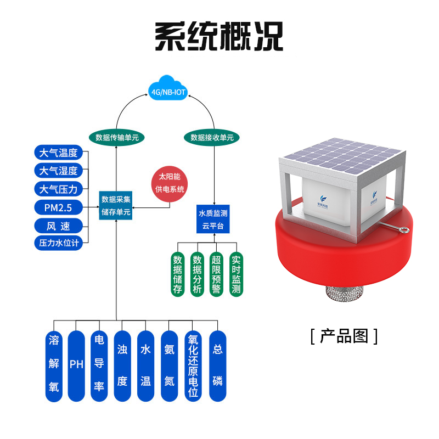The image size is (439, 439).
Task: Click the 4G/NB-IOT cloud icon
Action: click(167, 90)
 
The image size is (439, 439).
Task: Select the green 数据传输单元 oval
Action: click(117, 137)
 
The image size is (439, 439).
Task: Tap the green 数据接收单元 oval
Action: click(212, 137)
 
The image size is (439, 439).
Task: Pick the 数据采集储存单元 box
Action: click(116, 206)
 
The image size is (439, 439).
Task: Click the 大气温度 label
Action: click(59, 153)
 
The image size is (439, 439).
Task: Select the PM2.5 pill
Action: click(59, 207)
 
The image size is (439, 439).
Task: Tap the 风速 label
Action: click(59, 225)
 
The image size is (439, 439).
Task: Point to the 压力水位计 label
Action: click(59, 243)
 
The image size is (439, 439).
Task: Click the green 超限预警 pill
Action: click(216, 274)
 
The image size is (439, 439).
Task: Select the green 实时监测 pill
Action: click(236, 274)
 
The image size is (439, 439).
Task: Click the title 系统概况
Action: click(219, 36)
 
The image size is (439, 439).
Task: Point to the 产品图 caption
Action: click(344, 335)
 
